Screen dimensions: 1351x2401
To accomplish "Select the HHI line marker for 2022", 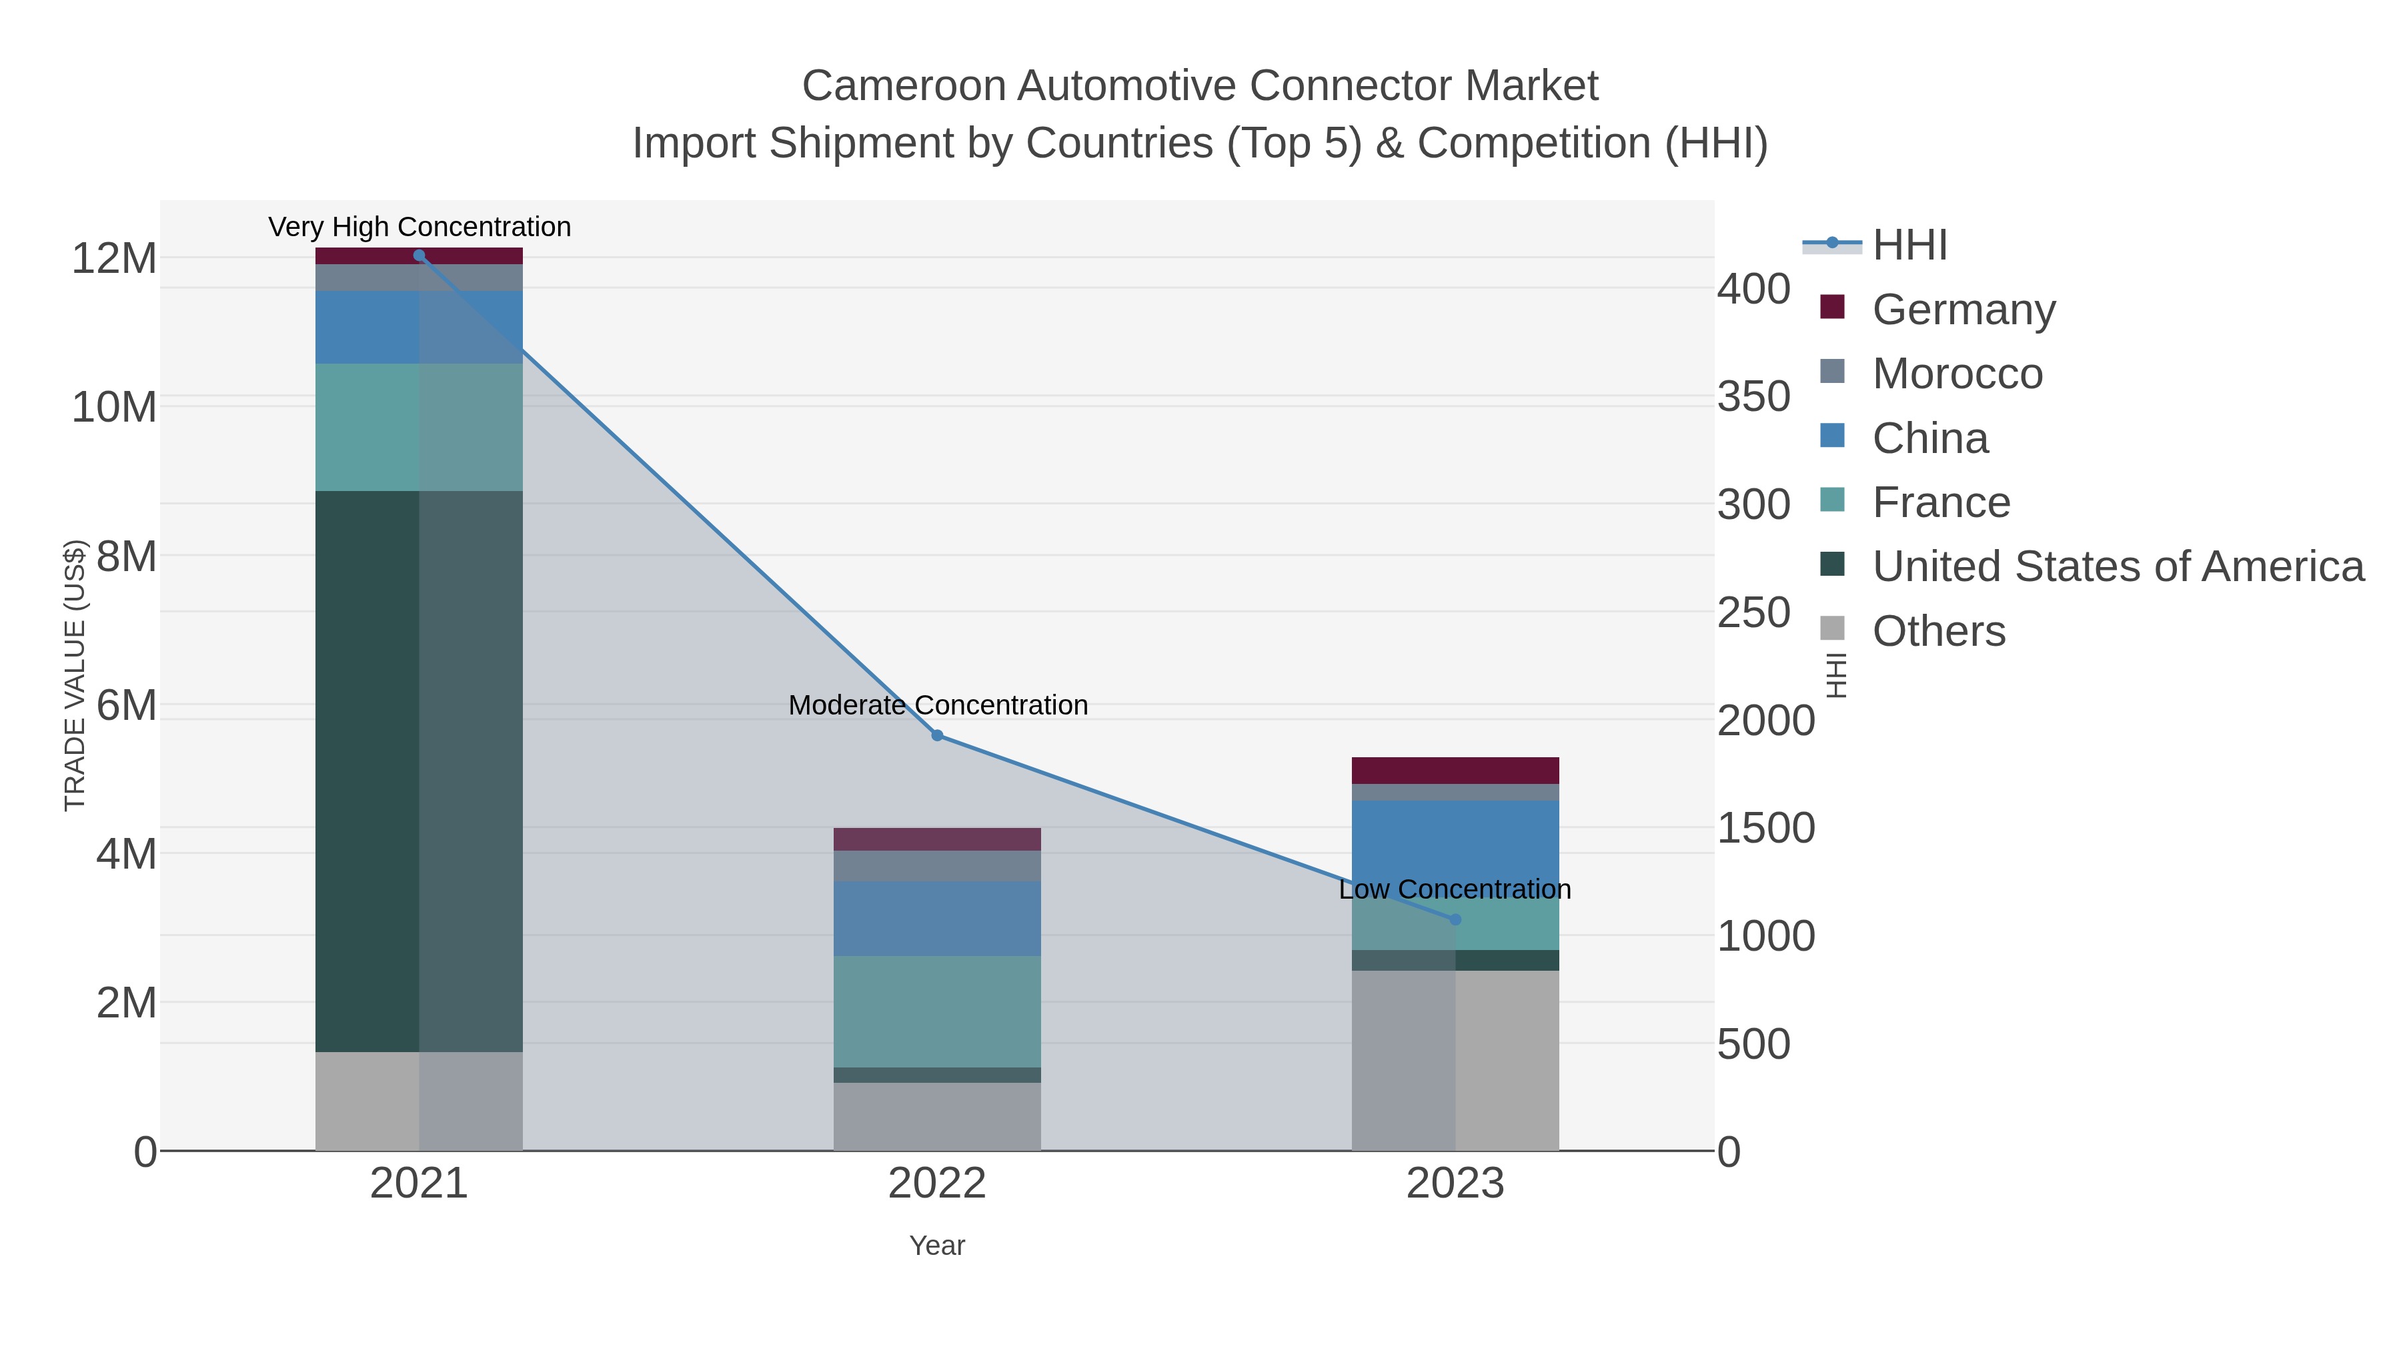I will (937, 736).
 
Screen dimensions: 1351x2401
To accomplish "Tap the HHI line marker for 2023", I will (1455, 919).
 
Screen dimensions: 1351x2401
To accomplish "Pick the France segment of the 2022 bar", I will (937, 1011).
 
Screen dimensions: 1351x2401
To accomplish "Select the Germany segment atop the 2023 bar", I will (1455, 770).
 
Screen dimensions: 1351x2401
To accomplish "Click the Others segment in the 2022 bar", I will (937, 1116).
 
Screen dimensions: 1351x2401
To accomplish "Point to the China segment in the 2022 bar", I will (937, 919).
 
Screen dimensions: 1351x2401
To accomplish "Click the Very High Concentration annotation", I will (420, 228).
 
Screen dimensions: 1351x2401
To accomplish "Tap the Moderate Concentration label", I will (938, 705).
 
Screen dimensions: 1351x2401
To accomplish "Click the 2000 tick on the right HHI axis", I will (1765, 721).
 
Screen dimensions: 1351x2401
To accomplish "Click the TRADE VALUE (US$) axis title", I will (75, 675).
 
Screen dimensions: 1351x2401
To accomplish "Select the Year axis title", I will (937, 1246).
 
